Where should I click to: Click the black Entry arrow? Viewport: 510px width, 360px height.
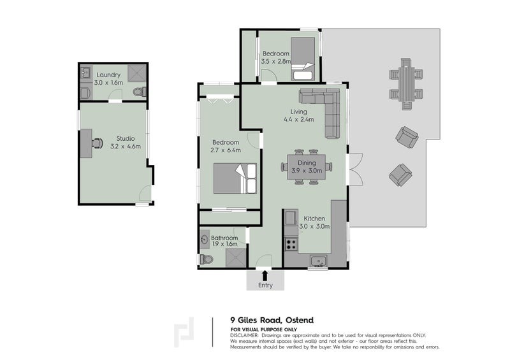265,275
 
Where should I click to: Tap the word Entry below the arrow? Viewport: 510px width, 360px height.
265,285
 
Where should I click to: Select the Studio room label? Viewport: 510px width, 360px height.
126,138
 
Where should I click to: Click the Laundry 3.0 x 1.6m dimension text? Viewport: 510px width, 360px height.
108,83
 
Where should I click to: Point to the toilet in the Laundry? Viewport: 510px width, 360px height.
140,92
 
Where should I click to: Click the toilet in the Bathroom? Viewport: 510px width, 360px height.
207,259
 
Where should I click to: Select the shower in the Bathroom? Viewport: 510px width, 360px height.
236,258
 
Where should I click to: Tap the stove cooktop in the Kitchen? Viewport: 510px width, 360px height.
291,244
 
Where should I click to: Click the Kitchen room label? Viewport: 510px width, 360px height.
314,219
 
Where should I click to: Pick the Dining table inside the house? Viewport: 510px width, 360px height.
307,167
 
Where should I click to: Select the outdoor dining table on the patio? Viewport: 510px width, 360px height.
406,84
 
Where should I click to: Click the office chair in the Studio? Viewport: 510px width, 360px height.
98,143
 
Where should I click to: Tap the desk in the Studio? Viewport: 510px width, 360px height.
86,143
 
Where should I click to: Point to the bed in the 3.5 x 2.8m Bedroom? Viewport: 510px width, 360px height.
303,59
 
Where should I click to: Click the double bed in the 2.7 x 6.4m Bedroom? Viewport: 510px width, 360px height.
235,178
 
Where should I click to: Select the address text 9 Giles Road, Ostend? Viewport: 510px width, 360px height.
272,320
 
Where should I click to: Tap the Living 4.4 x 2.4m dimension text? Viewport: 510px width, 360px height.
298,119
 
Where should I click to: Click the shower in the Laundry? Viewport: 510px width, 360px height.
136,73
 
